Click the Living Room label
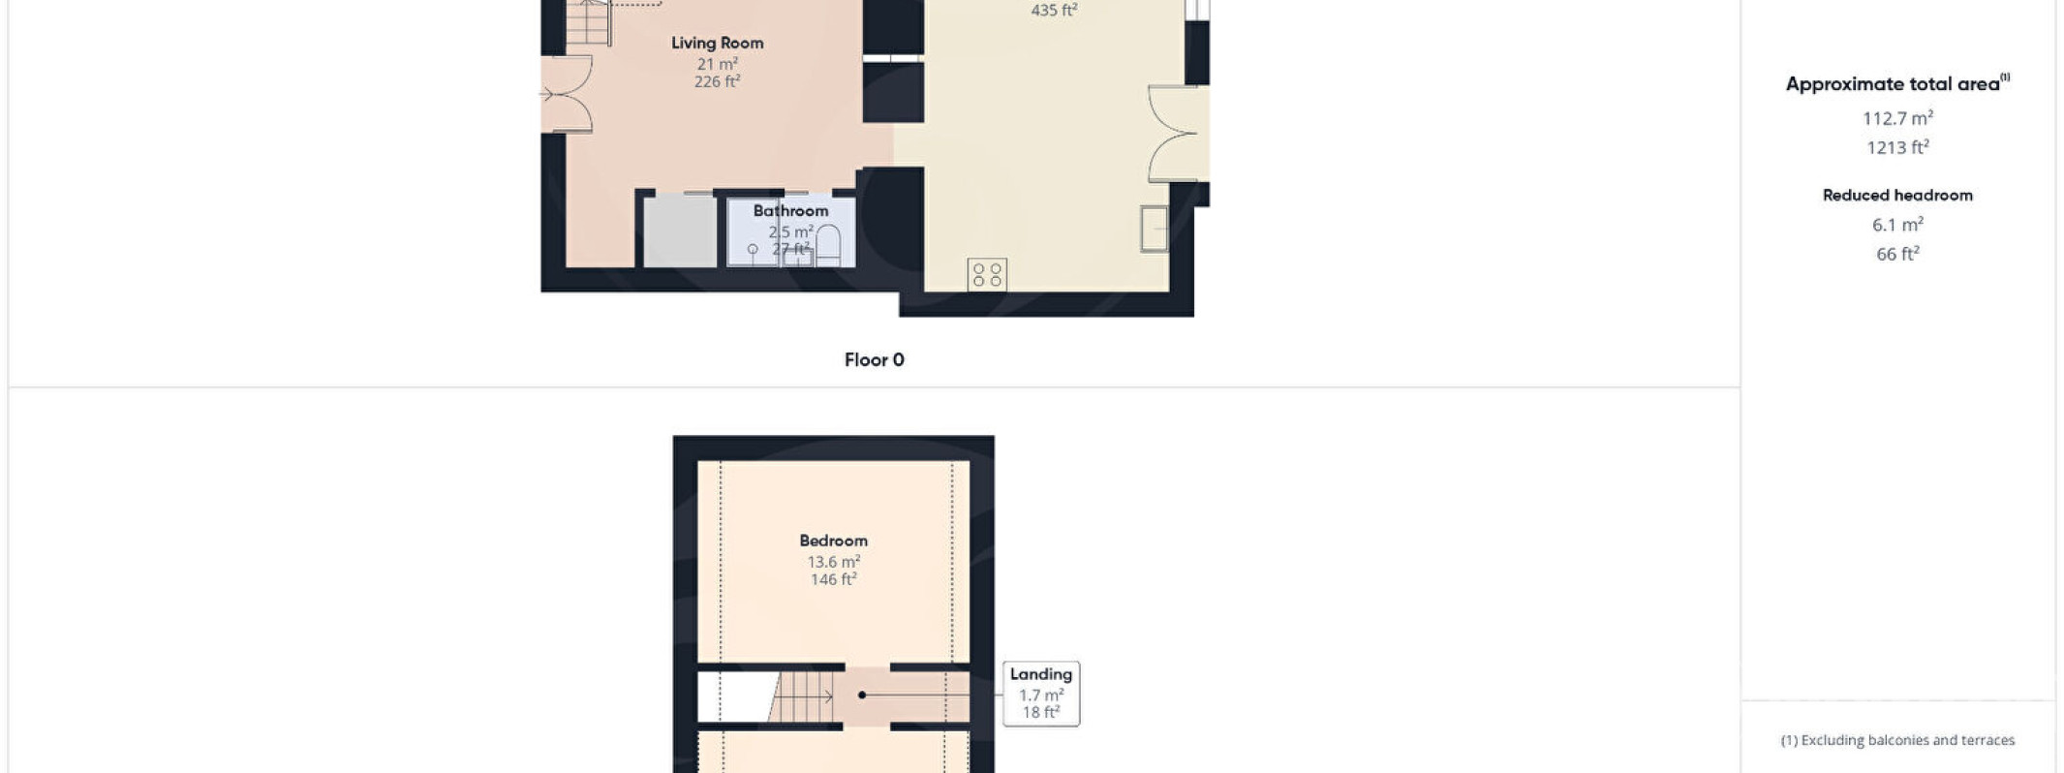click(x=717, y=43)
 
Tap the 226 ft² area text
click(x=717, y=81)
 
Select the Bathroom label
click(x=790, y=210)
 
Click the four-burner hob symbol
click(x=987, y=274)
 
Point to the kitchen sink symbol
click(x=1154, y=229)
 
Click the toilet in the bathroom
click(x=827, y=245)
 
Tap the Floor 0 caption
click(x=874, y=359)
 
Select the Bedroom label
click(x=833, y=541)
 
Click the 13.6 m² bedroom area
click(x=833, y=561)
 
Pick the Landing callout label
click(x=1041, y=674)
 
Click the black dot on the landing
click(x=862, y=695)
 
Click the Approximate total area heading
click(x=1897, y=83)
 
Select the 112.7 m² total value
click(x=1897, y=118)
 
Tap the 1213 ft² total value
click(x=1897, y=147)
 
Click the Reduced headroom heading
click(x=1897, y=195)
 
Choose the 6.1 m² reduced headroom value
click(x=1897, y=224)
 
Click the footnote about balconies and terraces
click(x=1897, y=740)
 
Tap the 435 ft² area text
click(x=1054, y=10)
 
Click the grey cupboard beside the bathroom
click(x=681, y=231)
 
